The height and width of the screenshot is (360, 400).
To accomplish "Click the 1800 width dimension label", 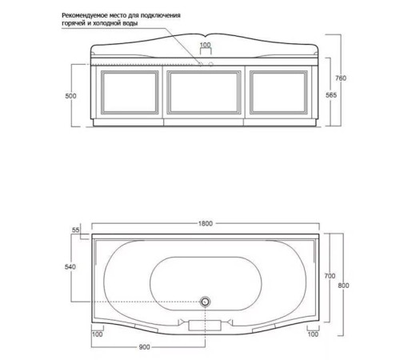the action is click(206, 223).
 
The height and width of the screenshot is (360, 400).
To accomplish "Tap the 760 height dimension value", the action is click(341, 78).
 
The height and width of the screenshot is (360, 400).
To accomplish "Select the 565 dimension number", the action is click(331, 95).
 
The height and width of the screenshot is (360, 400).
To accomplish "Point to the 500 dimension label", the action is click(70, 96).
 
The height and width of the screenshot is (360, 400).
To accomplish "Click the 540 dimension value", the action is click(70, 266).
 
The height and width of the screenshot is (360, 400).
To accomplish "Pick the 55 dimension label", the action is click(76, 230).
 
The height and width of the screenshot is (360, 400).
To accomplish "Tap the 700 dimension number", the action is click(330, 276).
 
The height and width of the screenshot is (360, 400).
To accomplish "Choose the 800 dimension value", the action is click(343, 286).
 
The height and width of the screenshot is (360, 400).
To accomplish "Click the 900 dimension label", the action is click(144, 347).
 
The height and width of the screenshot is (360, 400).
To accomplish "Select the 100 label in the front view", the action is click(206, 45).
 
